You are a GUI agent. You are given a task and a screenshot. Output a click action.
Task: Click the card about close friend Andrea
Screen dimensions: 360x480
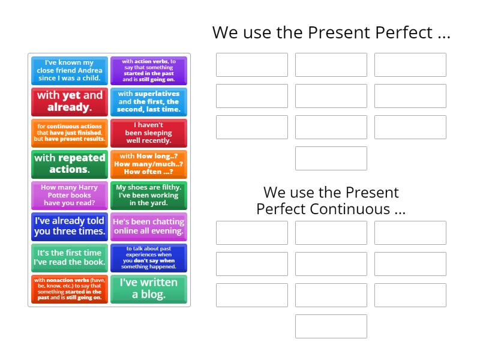(70, 71)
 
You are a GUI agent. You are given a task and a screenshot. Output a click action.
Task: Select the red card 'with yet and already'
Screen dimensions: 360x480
(70, 102)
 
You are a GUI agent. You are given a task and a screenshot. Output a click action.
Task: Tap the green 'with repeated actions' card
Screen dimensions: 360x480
(70, 164)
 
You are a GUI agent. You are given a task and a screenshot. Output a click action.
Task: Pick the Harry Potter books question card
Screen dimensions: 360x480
(70, 195)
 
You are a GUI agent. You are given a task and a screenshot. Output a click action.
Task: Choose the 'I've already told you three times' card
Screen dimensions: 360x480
(70, 226)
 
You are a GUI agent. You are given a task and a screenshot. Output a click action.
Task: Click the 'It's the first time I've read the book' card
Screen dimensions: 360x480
(70, 257)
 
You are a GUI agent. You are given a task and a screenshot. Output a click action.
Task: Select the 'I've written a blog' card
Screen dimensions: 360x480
(149, 289)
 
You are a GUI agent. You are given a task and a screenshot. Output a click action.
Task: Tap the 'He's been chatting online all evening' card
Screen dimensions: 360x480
(149, 226)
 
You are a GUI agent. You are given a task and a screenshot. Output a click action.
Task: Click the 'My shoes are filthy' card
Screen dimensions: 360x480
(149, 195)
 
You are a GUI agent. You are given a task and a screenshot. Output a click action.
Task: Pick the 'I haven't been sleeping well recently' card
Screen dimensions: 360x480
(149, 133)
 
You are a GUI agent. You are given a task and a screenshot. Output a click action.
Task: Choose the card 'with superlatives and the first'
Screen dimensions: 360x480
(149, 102)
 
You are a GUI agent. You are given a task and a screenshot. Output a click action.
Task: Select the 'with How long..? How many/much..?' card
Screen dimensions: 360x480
(149, 164)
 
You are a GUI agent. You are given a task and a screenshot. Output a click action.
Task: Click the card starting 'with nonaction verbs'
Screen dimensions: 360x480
(70, 289)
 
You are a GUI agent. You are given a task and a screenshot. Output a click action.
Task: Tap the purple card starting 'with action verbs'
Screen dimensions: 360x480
(149, 71)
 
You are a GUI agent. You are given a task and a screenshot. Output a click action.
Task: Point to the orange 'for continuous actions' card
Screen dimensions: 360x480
(70, 133)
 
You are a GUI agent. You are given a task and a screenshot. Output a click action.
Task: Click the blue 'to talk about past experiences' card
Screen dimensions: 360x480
(149, 257)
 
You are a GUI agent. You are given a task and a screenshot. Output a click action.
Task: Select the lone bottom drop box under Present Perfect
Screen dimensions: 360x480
(331, 158)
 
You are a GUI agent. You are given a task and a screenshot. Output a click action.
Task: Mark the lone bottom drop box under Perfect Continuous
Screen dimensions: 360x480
(331, 326)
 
